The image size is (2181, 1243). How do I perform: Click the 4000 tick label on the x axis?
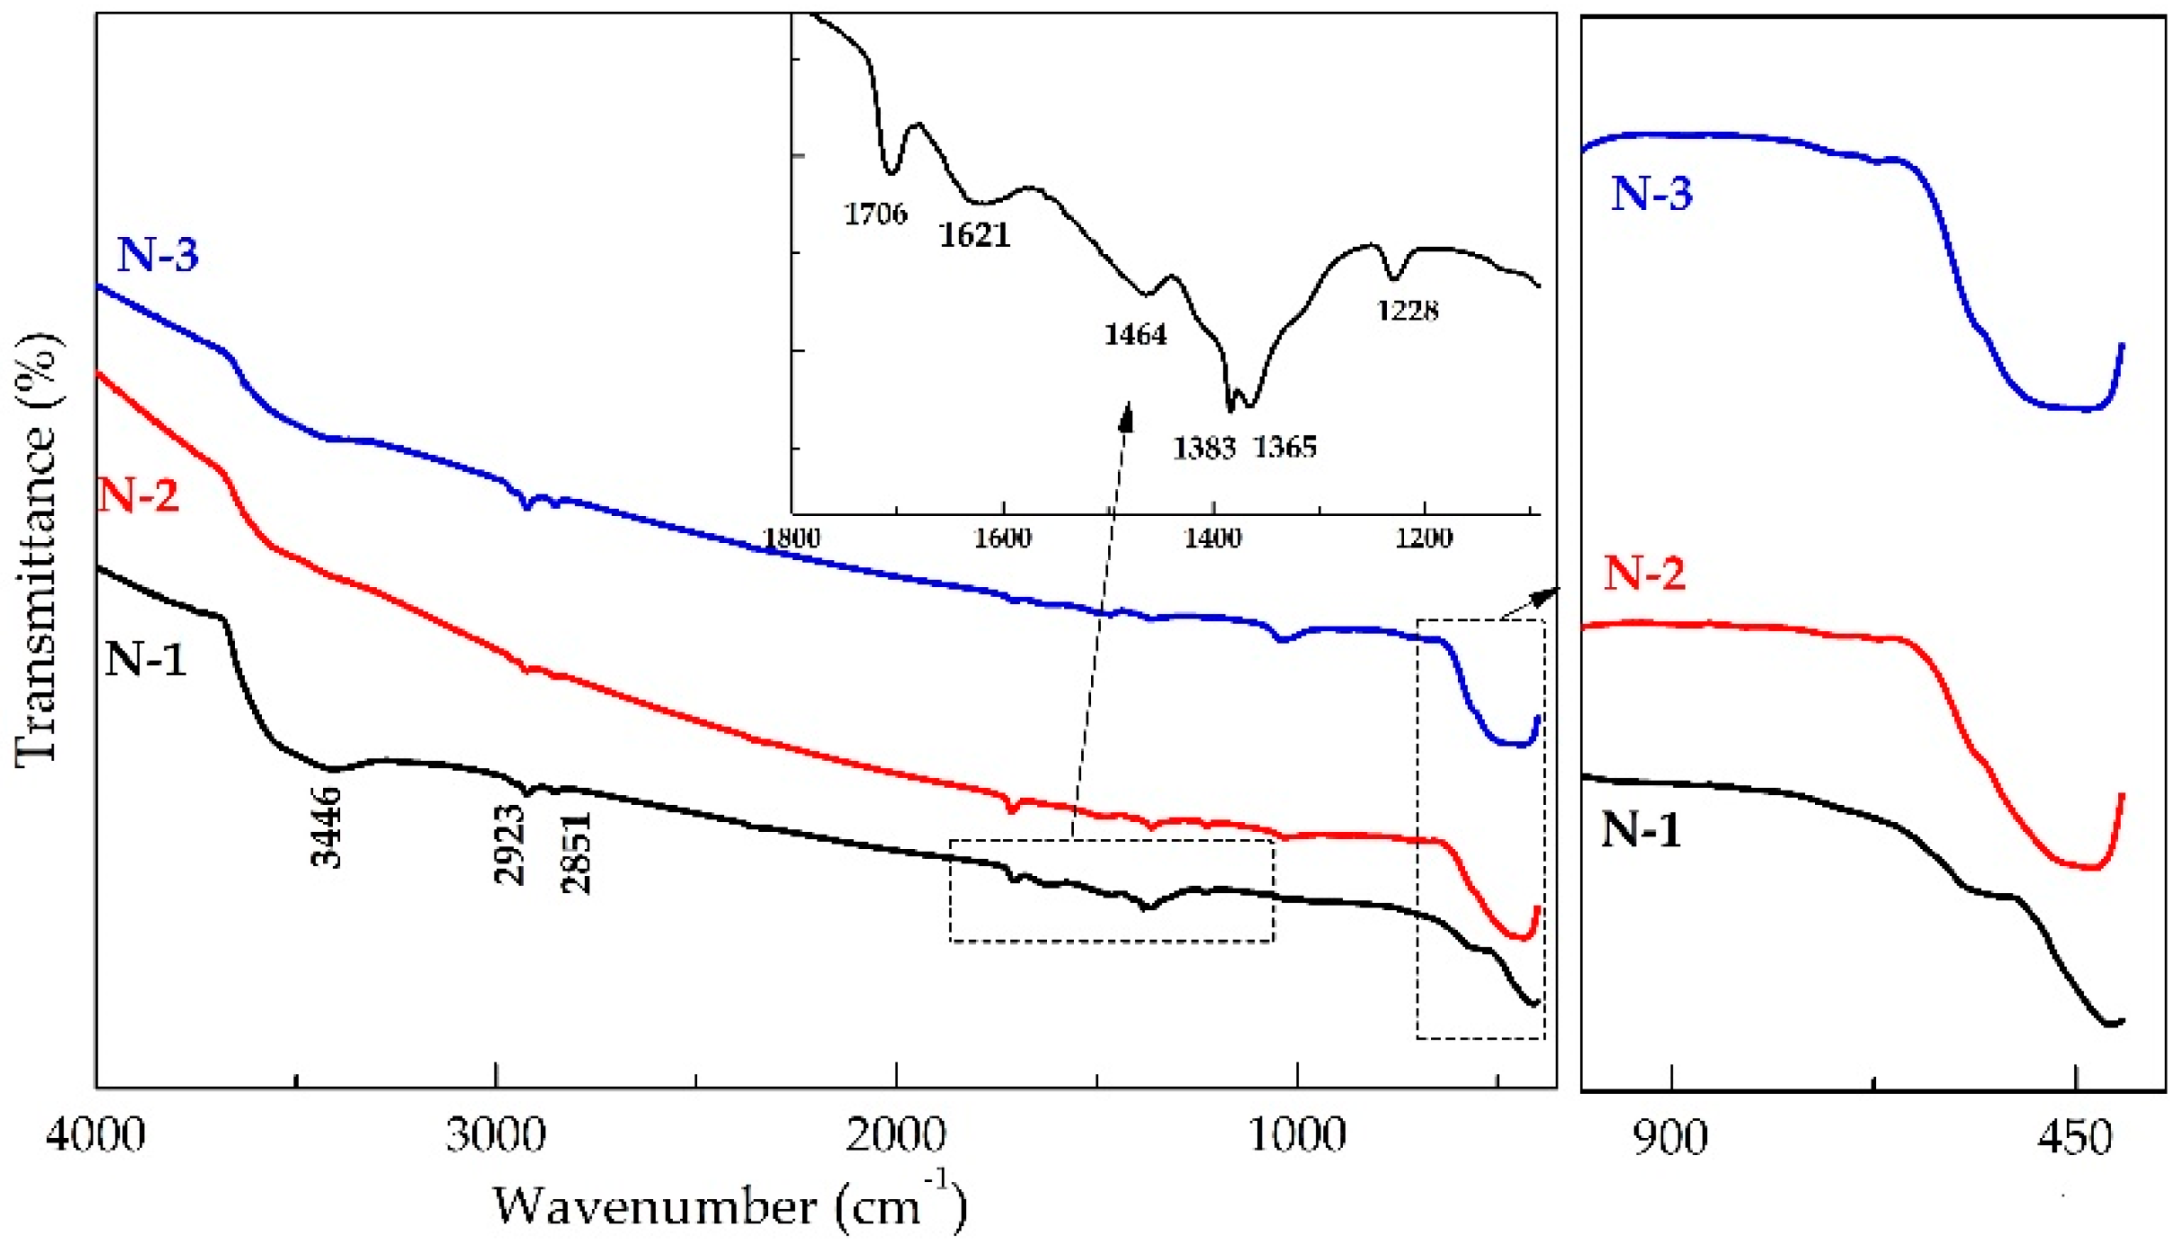click(95, 1134)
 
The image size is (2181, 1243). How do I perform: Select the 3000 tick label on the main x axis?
click(495, 1134)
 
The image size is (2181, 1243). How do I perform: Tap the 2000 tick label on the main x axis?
click(895, 1134)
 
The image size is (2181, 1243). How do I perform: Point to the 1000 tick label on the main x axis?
click(1296, 1134)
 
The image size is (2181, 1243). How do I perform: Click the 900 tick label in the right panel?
click(1671, 1138)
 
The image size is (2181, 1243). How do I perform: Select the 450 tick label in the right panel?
click(2075, 1138)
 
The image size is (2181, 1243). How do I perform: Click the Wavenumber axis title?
click(729, 1204)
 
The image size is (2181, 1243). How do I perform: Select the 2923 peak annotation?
click(509, 845)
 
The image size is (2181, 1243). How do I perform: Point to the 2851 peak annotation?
click(576, 853)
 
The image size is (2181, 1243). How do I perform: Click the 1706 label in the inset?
click(875, 214)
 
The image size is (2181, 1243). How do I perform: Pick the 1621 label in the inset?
click(974, 235)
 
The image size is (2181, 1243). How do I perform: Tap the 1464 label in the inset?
click(1135, 335)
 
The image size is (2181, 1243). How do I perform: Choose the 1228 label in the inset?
click(1408, 311)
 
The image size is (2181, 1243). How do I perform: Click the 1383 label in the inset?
click(1204, 447)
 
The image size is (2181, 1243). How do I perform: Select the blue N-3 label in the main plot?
click(157, 254)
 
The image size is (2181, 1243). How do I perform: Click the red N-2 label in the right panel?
click(1644, 572)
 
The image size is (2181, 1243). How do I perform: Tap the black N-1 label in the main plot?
click(145, 659)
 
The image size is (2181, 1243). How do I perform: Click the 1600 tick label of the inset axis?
click(1002, 538)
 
